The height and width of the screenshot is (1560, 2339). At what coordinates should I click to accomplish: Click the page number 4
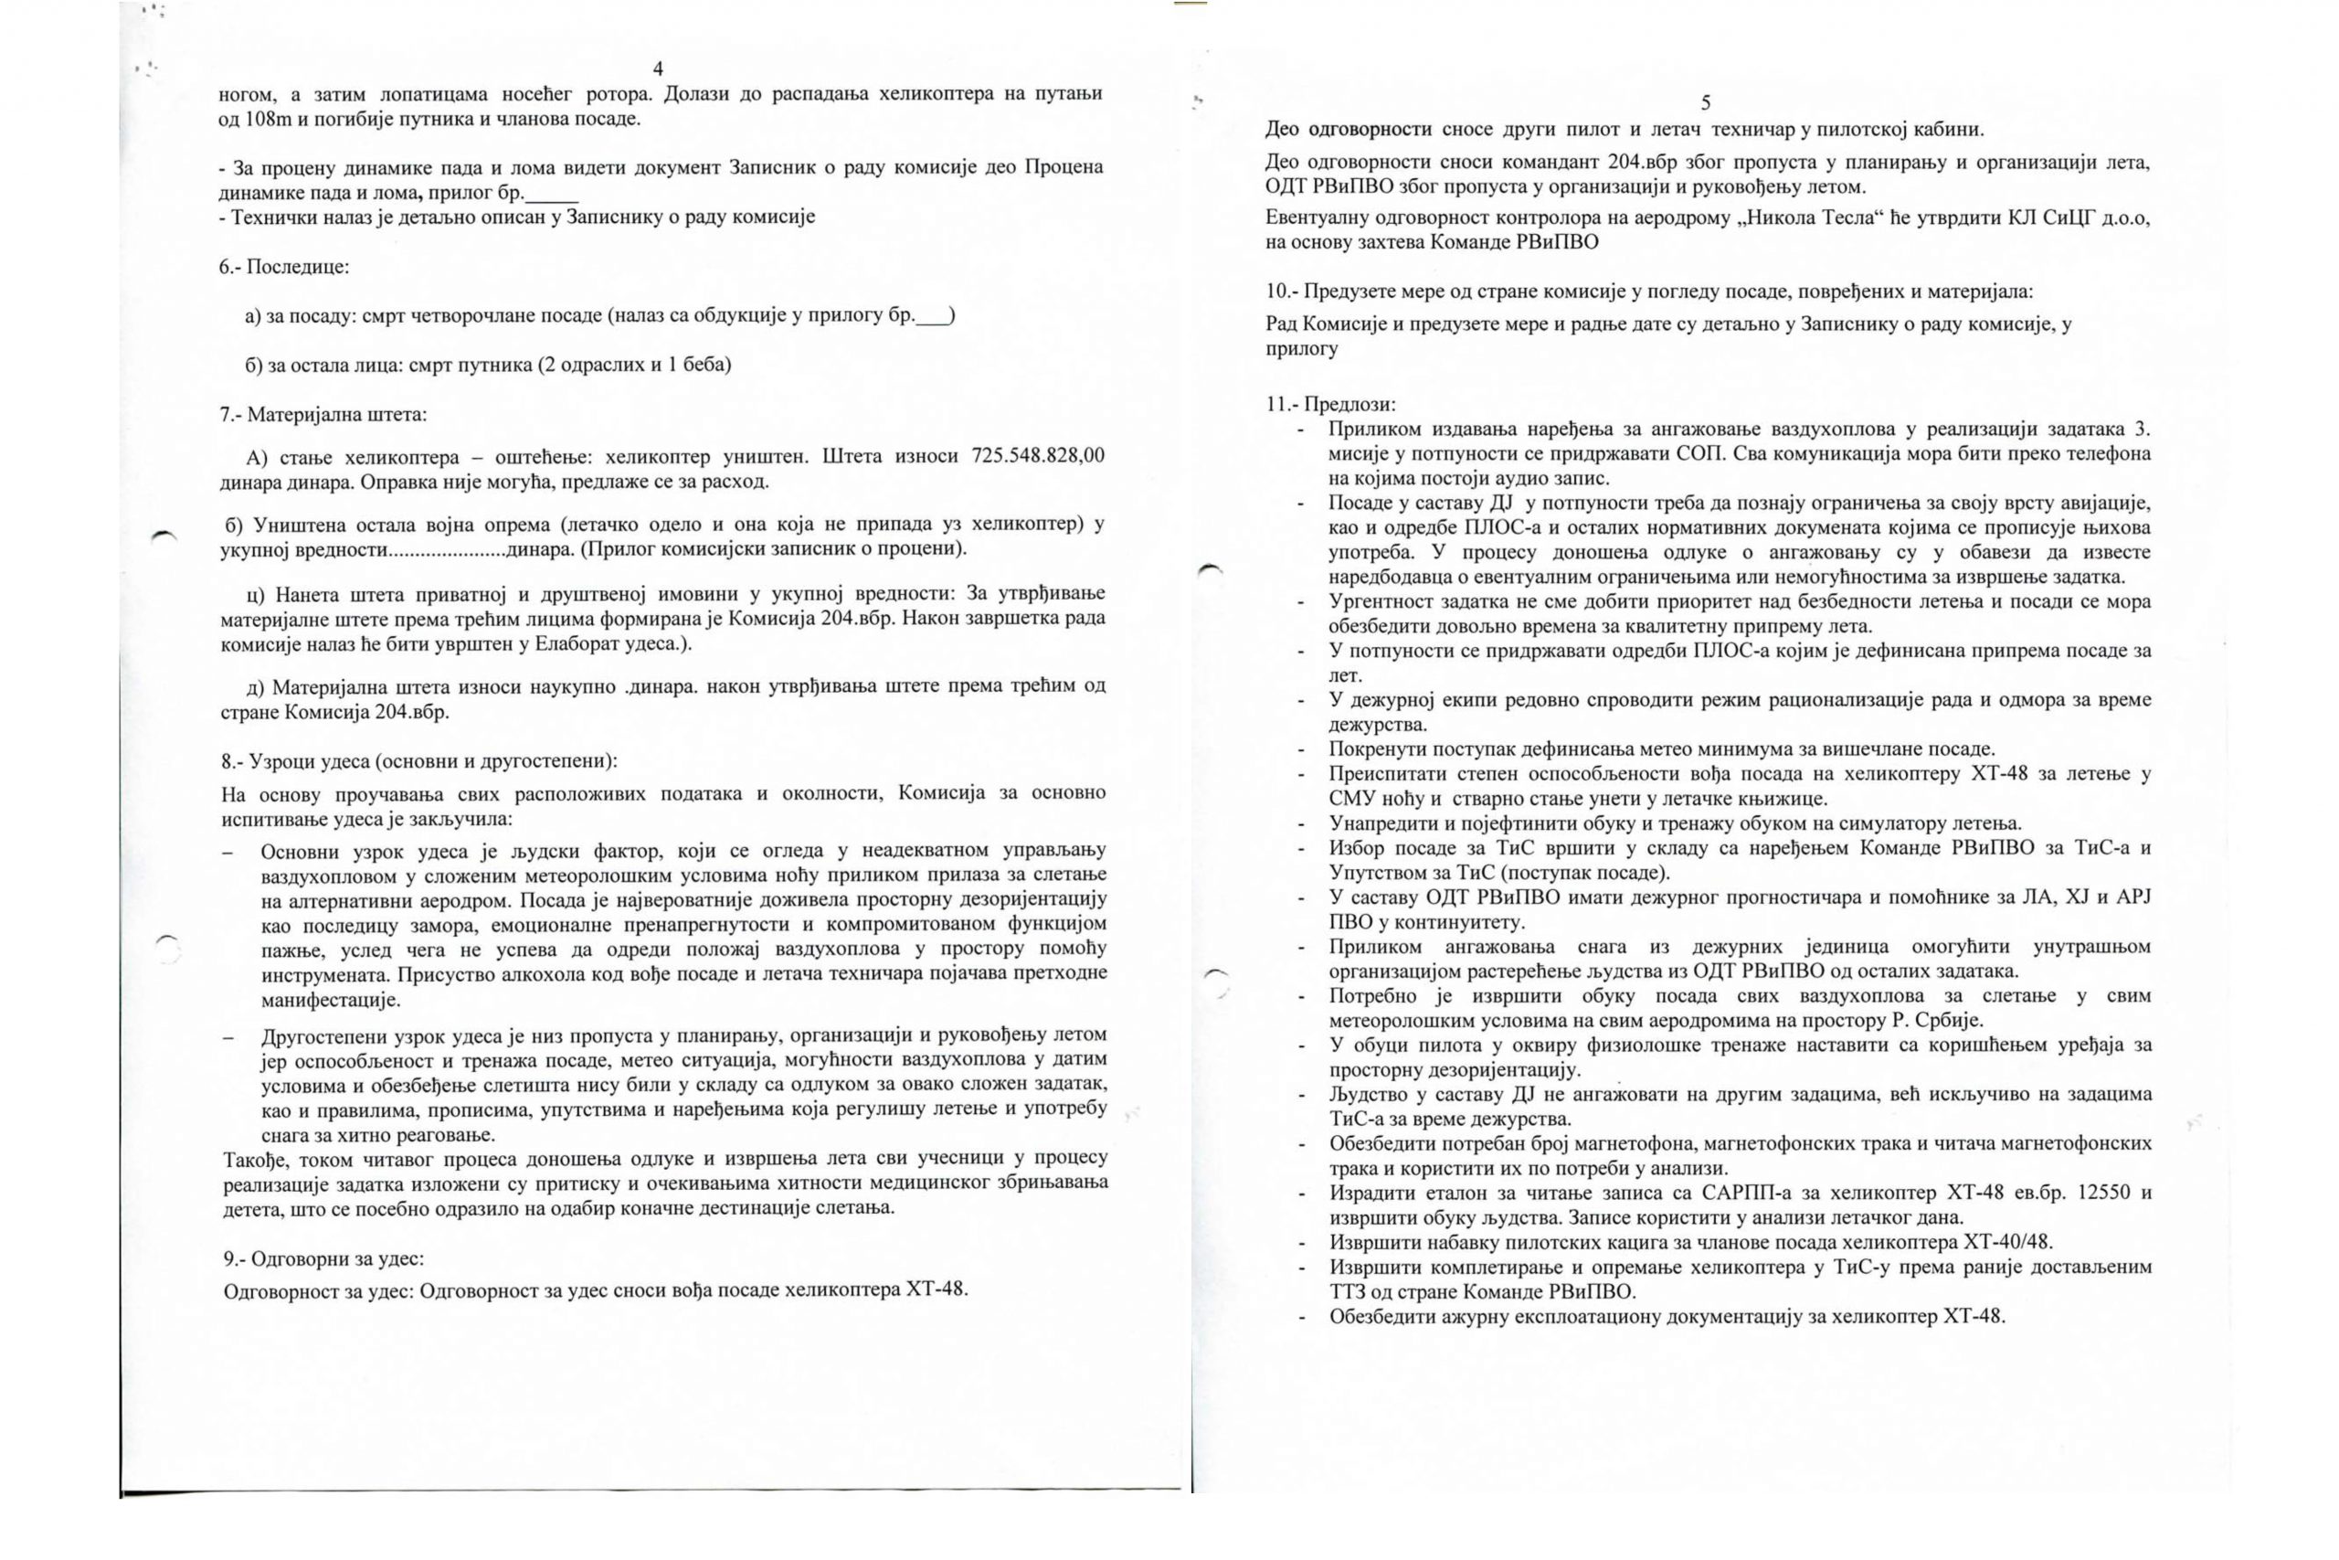click(x=657, y=69)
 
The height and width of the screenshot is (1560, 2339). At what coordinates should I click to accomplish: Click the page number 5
click(x=1706, y=102)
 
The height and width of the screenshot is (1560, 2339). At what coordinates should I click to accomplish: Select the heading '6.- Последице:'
click(x=284, y=267)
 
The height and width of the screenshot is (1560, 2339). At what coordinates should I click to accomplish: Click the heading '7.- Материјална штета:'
click(x=323, y=414)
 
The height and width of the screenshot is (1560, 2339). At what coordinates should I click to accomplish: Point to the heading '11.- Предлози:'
click(x=1330, y=404)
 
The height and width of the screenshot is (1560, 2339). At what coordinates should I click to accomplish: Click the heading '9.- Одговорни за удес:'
click(x=324, y=1258)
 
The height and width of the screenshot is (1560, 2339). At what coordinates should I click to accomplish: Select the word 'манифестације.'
click(x=330, y=1000)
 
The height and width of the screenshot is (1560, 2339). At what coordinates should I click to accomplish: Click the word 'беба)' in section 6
click(x=707, y=364)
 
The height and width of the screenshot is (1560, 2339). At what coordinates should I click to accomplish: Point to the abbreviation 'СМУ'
click(x=1350, y=798)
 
